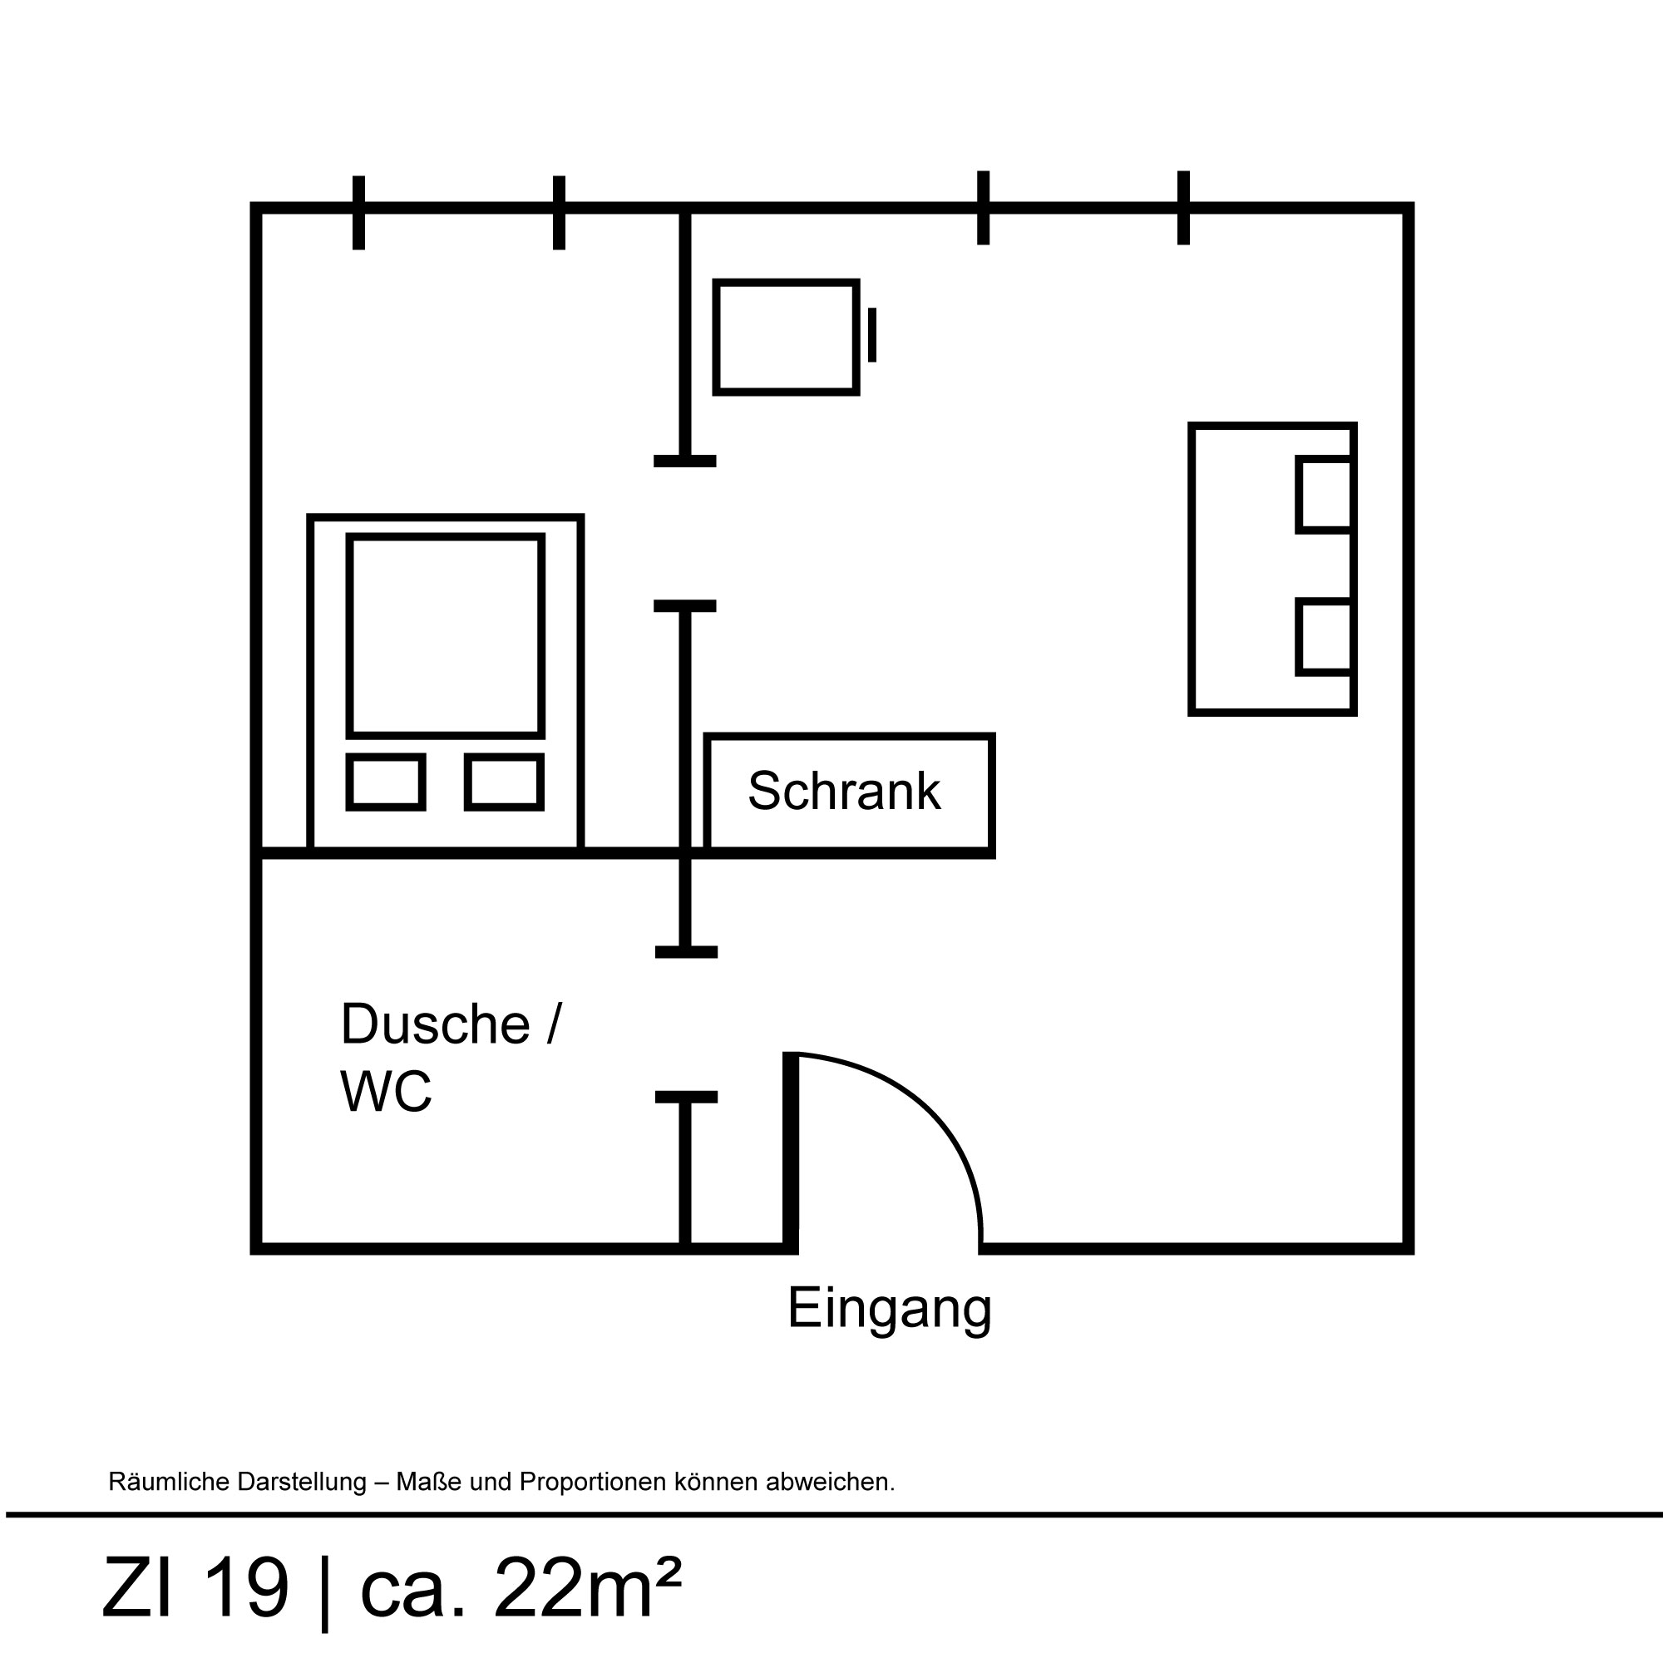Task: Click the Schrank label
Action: (x=843, y=790)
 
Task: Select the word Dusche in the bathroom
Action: (x=435, y=1024)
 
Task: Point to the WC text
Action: (x=386, y=1091)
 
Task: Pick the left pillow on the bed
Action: (x=386, y=782)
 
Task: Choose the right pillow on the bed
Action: (x=505, y=782)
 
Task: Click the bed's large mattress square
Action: (x=446, y=636)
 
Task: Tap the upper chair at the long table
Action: (x=1324, y=495)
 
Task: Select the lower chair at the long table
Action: (x=1324, y=637)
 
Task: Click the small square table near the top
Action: (x=787, y=338)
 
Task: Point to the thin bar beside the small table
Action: (x=872, y=335)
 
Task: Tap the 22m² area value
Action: (x=587, y=1587)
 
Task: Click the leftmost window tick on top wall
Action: (x=359, y=213)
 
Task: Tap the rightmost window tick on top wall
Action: (x=1183, y=207)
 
